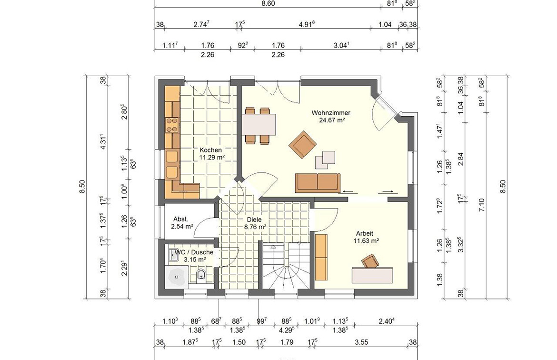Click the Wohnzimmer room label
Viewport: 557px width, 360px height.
point(331,113)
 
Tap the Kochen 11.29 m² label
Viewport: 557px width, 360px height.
point(212,153)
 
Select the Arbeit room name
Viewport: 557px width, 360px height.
point(365,233)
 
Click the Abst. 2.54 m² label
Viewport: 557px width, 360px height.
point(181,222)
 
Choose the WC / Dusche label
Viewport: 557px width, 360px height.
point(194,252)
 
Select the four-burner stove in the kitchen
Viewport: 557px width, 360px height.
point(172,125)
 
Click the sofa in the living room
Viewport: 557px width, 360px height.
point(318,183)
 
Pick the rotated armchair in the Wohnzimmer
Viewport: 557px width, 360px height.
point(302,144)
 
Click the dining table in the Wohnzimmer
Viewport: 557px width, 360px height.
point(259,124)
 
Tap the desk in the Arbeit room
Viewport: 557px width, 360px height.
point(373,275)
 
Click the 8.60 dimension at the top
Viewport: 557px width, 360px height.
point(268,3)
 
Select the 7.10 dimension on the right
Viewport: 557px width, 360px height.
point(482,205)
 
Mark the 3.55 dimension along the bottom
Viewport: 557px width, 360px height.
point(361,342)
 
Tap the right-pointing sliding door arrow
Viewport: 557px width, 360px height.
point(388,192)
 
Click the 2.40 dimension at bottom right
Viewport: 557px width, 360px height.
point(387,321)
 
